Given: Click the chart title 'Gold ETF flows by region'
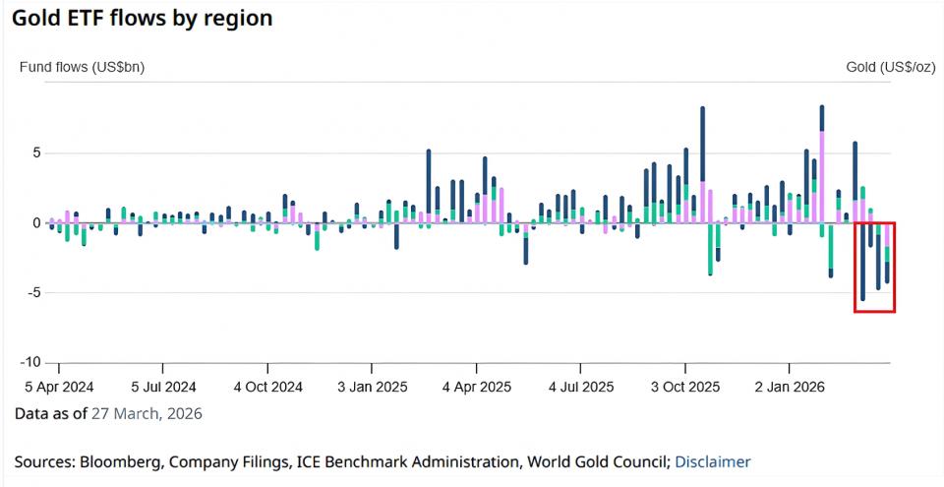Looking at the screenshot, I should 142,19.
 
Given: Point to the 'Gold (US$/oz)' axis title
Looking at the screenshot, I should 890,68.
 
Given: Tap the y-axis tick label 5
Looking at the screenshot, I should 37,153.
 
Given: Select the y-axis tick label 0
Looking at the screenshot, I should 37,223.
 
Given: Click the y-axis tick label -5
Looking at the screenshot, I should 33,293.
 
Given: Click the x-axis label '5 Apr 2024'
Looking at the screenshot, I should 59,387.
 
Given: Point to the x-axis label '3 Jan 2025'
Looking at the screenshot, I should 373,387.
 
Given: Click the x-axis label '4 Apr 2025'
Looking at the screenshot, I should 477,387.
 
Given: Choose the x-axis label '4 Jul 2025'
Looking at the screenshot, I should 581,387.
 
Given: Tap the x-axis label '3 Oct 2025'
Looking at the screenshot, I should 686,387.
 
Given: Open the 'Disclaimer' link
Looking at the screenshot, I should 713,461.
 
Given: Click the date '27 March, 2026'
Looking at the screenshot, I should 147,414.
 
